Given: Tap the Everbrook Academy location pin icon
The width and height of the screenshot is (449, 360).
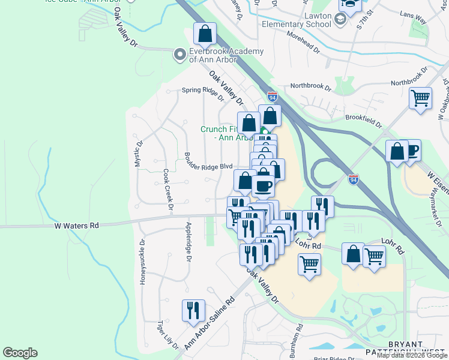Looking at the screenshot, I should tap(179, 55).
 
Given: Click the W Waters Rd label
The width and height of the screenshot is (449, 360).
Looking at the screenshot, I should tap(76, 226).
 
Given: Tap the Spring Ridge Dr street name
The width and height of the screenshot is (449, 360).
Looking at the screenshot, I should tap(202, 91).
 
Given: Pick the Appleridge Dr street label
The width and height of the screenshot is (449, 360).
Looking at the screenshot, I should tap(188, 242).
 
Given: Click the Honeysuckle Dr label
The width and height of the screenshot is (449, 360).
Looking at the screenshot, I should tap(143, 262).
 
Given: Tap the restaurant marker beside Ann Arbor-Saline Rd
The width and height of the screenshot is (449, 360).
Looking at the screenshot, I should tap(192, 311).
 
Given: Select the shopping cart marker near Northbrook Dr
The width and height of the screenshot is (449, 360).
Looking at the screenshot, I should tap(420, 98).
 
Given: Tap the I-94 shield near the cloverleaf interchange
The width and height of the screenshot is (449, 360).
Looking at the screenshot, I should tap(354, 178).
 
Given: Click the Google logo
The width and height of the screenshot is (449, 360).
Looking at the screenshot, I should tap(20, 353).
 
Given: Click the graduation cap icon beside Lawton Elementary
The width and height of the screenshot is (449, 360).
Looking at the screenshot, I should tap(341, 20).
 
